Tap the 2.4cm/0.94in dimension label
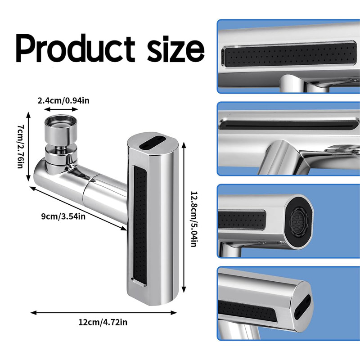(63, 100)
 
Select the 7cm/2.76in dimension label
(20, 147)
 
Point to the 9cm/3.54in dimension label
(63, 216)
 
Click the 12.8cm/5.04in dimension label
(194, 219)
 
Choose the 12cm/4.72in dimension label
(103, 322)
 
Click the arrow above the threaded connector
(61, 109)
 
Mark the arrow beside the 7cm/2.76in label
(28, 147)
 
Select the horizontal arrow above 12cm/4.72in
(104, 313)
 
